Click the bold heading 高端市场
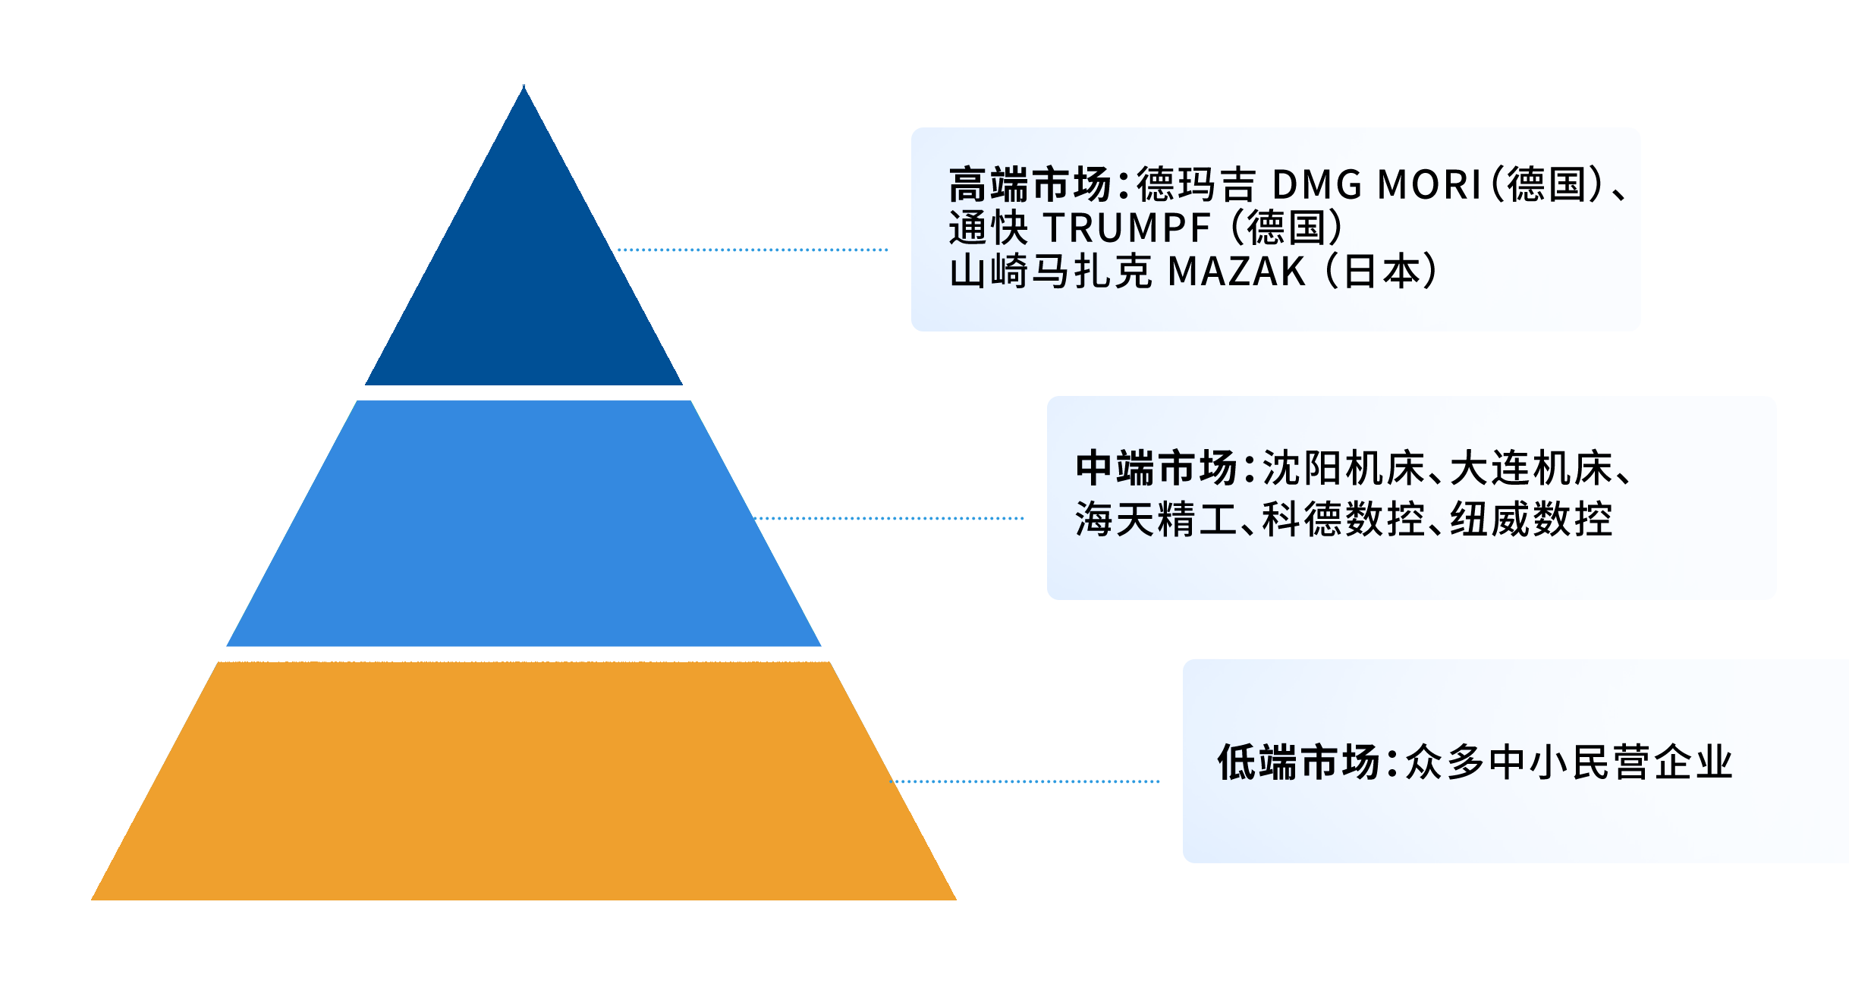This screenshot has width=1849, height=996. point(1030,184)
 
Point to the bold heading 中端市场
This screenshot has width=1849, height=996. point(1157,468)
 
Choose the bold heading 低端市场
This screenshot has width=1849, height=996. point(1298,762)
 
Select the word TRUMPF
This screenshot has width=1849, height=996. point(1127,228)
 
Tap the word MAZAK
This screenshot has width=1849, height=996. point(1237,272)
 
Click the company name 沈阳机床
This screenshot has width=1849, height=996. point(1344,468)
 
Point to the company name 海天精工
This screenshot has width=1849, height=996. point(1156,520)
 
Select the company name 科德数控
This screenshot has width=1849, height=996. point(1344,520)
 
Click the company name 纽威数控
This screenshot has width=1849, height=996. point(1531,520)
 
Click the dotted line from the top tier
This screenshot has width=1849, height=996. point(751,250)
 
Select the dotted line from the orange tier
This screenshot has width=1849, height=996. point(1024,781)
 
